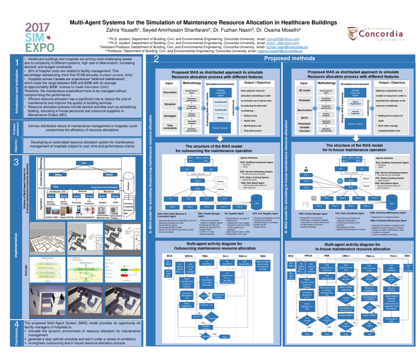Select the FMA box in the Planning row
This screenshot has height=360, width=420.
coord(84,163)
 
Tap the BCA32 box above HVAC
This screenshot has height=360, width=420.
coord(115,196)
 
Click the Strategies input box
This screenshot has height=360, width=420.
coord(170,116)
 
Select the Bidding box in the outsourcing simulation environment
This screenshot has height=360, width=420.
coord(220,118)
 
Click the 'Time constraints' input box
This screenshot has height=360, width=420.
coord(170,127)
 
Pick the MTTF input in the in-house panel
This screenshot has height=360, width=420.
coord(304,117)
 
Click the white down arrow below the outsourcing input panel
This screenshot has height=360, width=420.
coord(217,139)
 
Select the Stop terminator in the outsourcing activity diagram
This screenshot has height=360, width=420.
coord(224,337)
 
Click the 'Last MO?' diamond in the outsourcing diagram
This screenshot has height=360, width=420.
coord(205,336)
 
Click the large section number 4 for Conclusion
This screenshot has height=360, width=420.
coord(17,325)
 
